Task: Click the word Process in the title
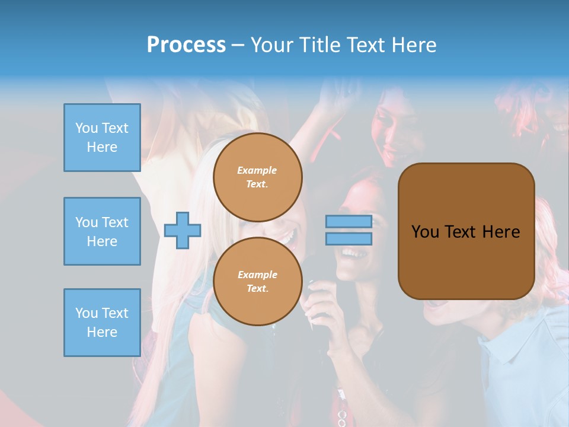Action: coord(186,44)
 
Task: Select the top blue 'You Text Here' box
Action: coord(102,138)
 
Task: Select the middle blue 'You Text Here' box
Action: coord(102,231)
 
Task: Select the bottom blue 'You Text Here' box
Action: coord(102,323)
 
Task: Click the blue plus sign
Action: coord(183,231)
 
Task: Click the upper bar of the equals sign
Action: coord(349,221)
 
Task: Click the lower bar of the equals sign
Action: coord(349,238)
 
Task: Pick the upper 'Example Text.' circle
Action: coord(258,177)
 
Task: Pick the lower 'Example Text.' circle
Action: coord(258,282)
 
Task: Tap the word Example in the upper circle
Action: coord(257,170)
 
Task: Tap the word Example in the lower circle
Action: coord(257,275)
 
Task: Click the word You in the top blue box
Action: coord(87,128)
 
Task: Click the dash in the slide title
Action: coord(238,45)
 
